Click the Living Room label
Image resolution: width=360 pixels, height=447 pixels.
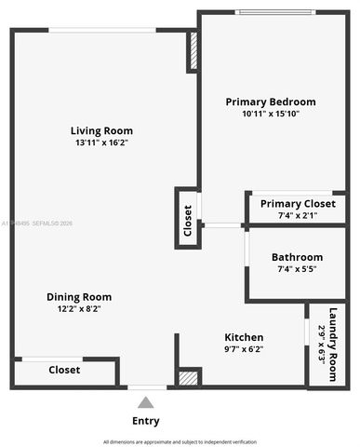pyautogui.click(x=102, y=130)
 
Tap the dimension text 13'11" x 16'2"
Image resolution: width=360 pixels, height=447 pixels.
pyautogui.click(x=102, y=143)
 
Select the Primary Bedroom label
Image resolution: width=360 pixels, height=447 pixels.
pyautogui.click(x=271, y=102)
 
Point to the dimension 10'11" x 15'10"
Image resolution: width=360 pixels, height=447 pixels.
pyautogui.click(x=271, y=114)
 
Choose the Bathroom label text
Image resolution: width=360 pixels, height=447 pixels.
pyautogui.click(x=297, y=257)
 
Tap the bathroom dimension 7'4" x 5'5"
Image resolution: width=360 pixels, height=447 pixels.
pyautogui.click(x=297, y=269)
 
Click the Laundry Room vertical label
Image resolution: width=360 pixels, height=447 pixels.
pyautogui.click(x=327, y=344)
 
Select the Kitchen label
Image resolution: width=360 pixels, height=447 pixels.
pyautogui.click(x=244, y=337)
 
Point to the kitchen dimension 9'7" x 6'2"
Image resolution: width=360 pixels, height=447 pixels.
pyautogui.click(x=244, y=349)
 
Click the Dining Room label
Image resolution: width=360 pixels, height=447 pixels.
pyautogui.click(x=79, y=297)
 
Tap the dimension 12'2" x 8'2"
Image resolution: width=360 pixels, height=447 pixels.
pyautogui.click(x=79, y=309)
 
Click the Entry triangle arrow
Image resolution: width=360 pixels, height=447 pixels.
pyautogui.click(x=145, y=403)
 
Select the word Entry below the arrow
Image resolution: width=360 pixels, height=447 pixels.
pyautogui.click(x=145, y=421)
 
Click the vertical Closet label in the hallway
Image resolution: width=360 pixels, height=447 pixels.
pyautogui.click(x=187, y=220)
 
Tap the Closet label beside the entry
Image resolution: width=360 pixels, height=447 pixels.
pyautogui.click(x=64, y=370)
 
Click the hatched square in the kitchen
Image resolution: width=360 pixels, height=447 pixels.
pyautogui.click(x=189, y=378)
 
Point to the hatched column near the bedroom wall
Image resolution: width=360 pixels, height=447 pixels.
pyautogui.click(x=193, y=53)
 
